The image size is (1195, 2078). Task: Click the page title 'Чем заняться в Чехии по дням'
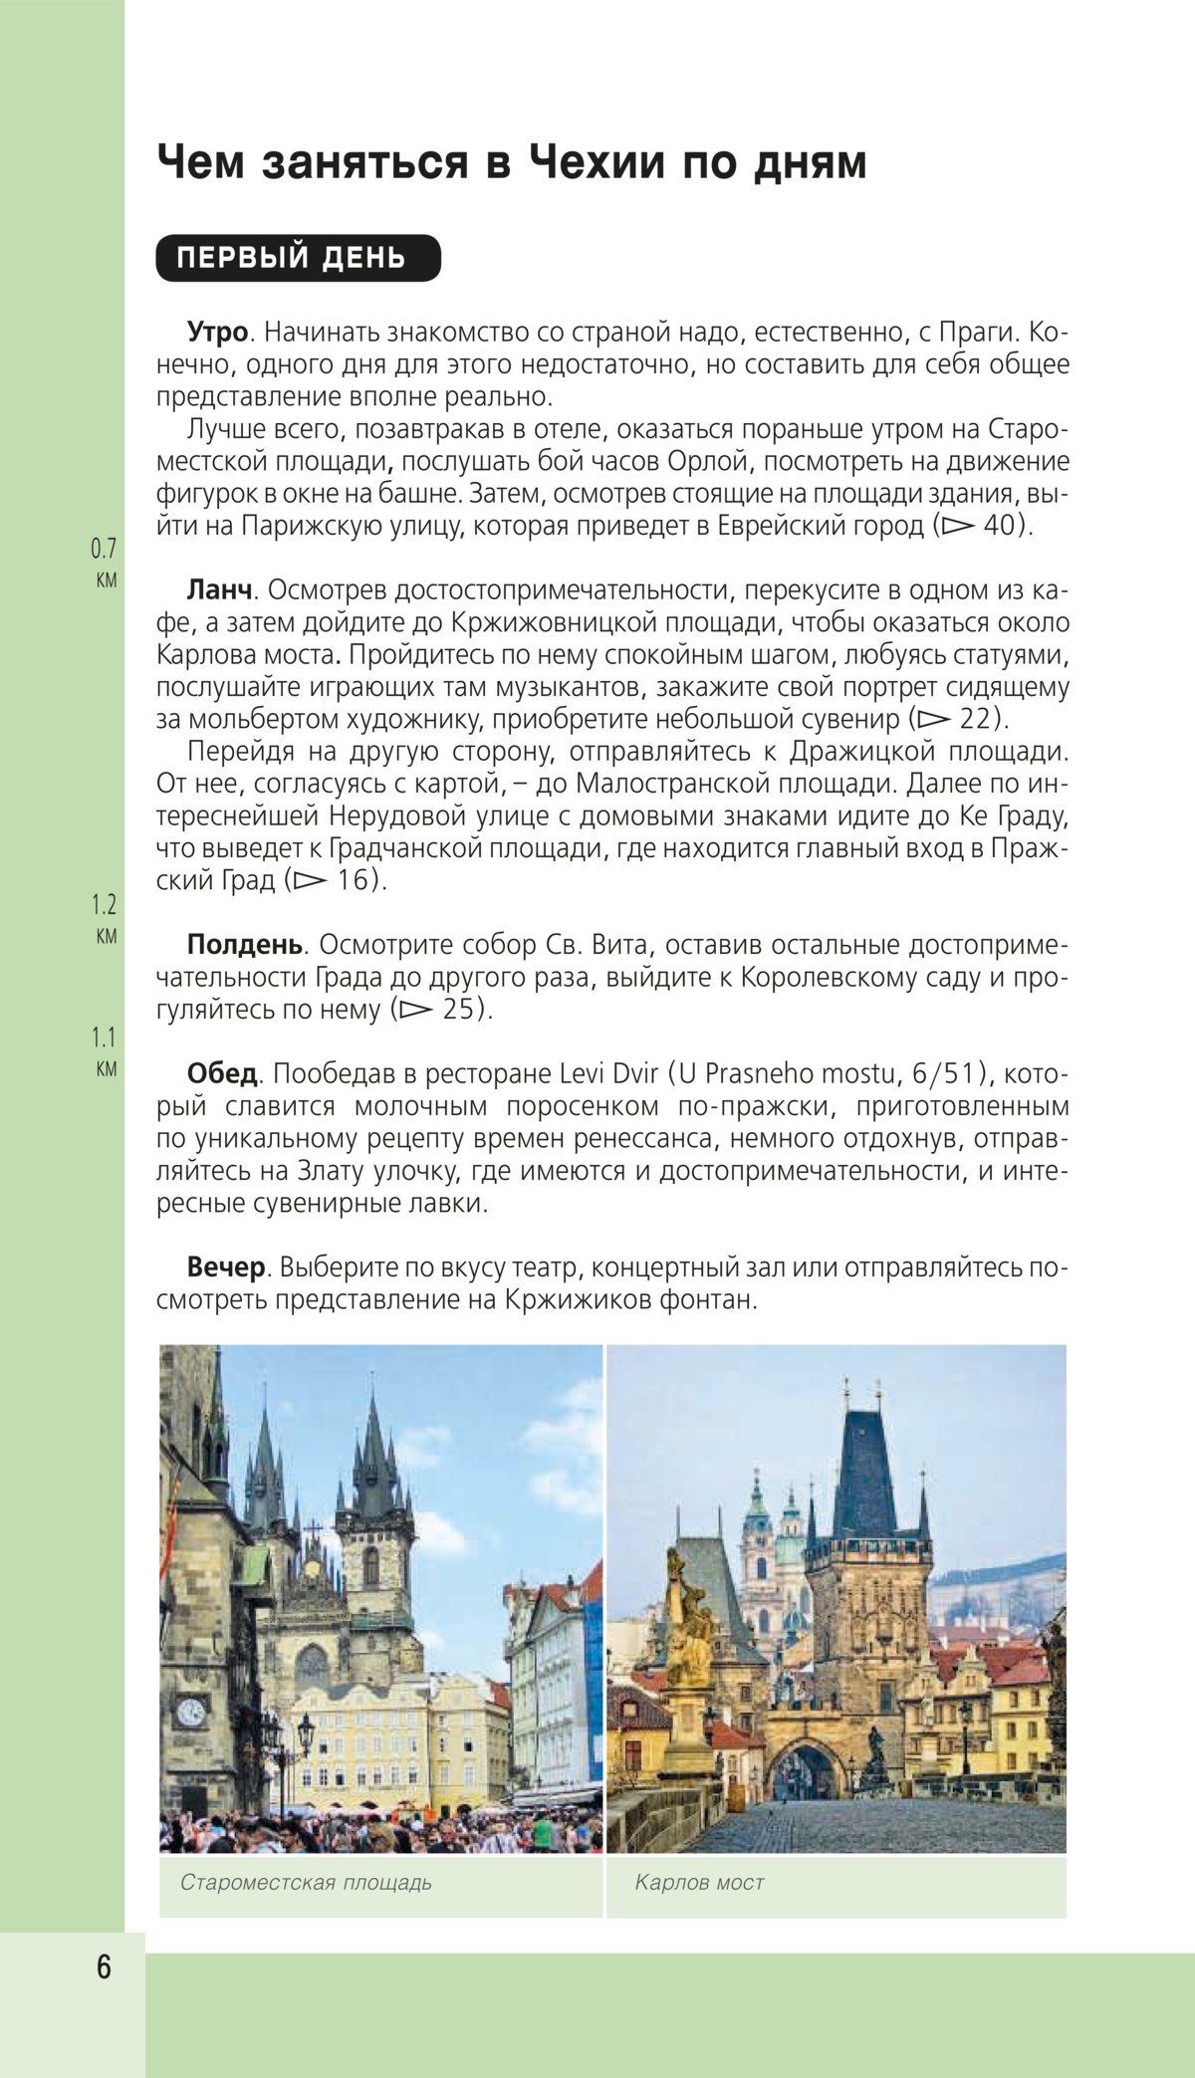511,163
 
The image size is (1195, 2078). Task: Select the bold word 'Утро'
217,332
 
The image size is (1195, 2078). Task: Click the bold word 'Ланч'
219,590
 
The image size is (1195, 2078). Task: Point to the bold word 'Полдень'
244,945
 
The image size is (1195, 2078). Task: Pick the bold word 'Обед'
222,1074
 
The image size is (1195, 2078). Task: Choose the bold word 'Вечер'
226,1268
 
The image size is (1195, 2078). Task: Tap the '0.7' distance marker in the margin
104,549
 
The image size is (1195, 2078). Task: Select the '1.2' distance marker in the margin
104,905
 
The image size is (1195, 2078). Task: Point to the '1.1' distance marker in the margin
104,1039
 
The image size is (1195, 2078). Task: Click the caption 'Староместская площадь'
306,1883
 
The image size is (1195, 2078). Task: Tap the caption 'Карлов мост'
699,1883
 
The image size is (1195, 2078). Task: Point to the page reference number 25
463,1010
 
